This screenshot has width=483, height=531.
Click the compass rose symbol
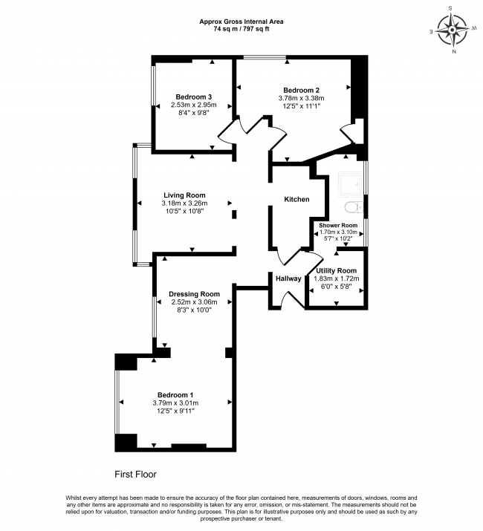[452, 30]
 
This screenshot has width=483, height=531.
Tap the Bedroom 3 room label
[194, 97]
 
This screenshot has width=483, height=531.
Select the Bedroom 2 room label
[302, 90]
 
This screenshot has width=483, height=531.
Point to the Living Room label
[184, 195]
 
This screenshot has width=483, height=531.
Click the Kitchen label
[296, 199]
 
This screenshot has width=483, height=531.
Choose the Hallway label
[288, 278]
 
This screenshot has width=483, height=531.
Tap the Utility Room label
[336, 270]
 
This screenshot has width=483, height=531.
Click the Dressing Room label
[194, 294]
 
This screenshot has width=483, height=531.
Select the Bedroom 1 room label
[175, 395]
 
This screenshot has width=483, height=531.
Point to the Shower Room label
[338, 225]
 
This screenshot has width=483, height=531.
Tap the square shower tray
[351, 185]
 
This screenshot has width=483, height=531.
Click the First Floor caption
[135, 474]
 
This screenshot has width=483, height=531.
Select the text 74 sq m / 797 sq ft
[241, 29]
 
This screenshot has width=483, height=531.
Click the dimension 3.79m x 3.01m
[175, 403]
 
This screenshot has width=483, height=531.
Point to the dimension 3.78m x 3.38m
[302, 98]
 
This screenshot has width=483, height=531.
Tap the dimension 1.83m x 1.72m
[336, 278]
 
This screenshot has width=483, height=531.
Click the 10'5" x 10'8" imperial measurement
[184, 212]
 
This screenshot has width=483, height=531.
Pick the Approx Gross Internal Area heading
[241, 22]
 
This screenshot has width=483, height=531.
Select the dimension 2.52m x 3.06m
[194, 302]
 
